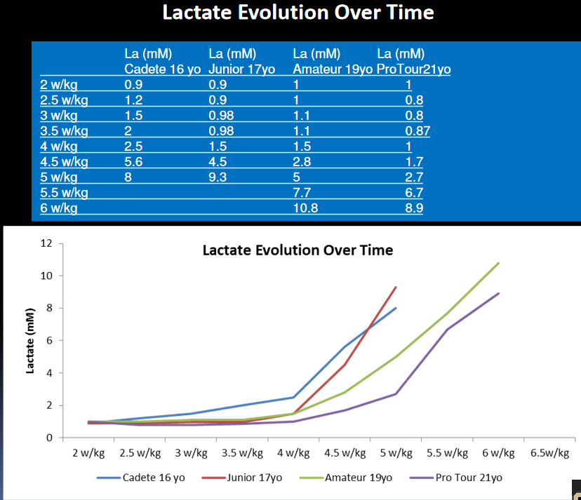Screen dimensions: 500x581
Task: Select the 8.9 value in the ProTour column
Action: (x=414, y=208)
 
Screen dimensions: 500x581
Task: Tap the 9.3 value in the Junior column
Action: (x=218, y=177)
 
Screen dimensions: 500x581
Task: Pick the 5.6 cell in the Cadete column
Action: (x=133, y=162)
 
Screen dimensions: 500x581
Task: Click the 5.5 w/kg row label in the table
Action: (x=64, y=193)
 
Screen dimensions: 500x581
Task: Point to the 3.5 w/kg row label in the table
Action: (x=64, y=131)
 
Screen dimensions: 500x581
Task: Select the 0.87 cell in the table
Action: (x=418, y=131)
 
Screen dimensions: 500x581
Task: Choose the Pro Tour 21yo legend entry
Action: (x=469, y=478)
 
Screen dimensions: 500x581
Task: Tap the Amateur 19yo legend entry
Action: (x=358, y=478)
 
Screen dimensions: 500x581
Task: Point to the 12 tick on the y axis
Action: (x=48, y=243)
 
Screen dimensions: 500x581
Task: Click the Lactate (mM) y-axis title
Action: (x=31, y=341)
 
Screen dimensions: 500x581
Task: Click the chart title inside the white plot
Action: (x=298, y=250)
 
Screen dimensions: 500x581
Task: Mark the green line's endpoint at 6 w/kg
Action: (x=499, y=263)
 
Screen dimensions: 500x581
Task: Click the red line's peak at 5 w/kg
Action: (x=396, y=287)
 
